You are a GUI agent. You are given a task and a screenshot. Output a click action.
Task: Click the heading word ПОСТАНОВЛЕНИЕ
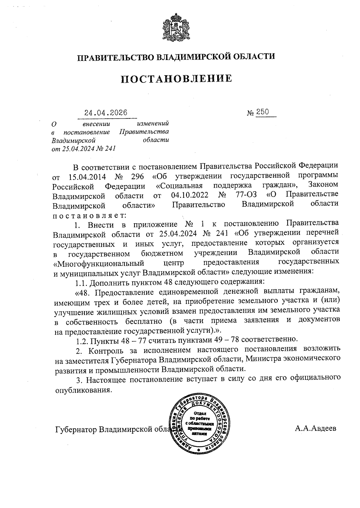[176, 79]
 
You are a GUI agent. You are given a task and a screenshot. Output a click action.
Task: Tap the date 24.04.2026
[106, 113]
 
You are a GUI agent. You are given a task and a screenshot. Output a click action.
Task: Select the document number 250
[262, 112]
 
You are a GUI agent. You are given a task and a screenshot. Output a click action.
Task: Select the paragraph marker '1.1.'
[81, 282]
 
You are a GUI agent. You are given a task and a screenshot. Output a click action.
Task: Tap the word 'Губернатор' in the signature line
[76, 429]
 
